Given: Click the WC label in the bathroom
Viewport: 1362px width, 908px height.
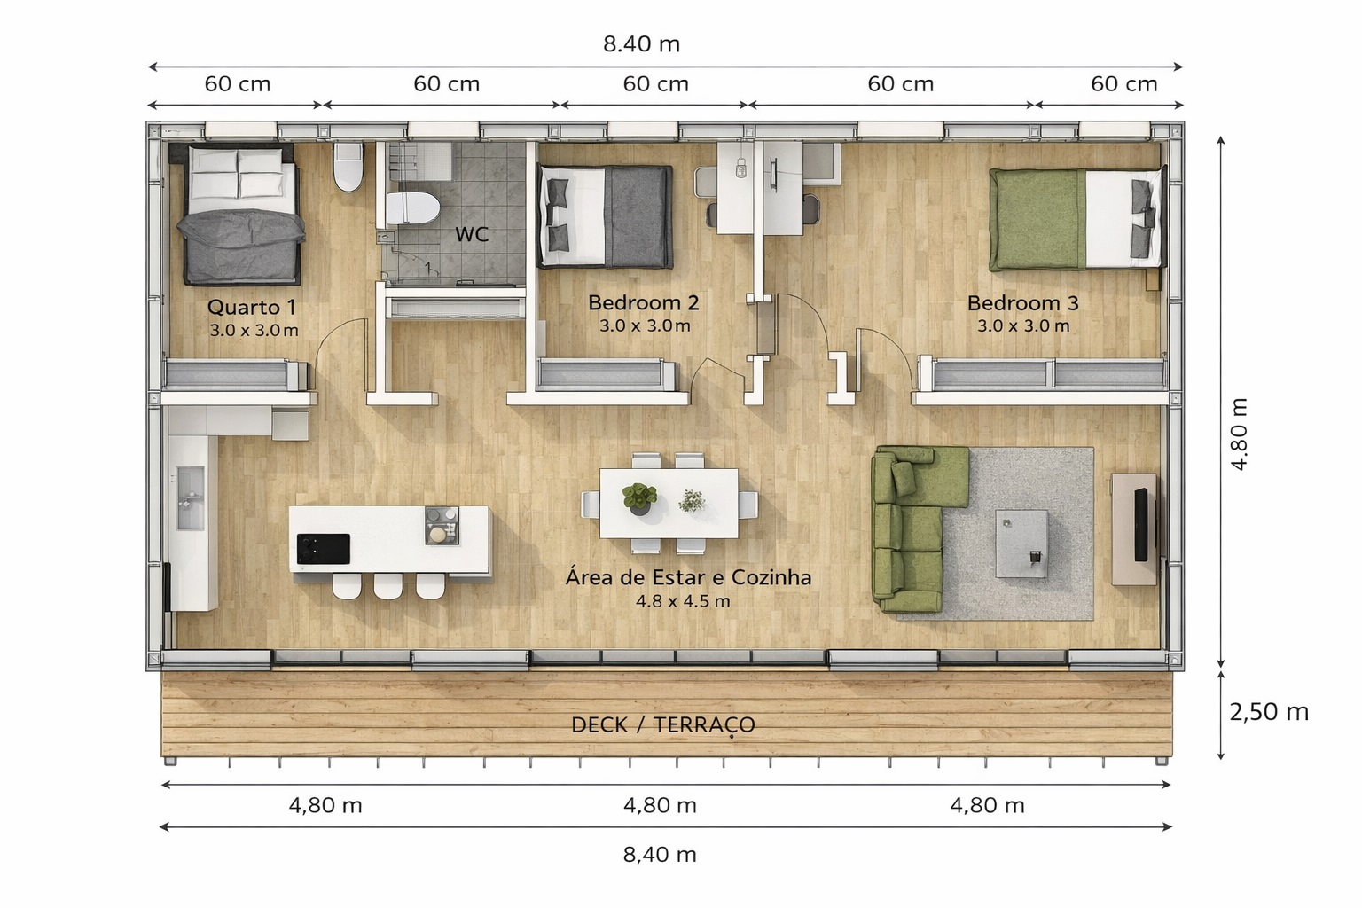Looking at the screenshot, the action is click(472, 234).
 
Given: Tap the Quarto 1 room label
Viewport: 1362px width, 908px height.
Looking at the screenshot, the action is click(252, 307).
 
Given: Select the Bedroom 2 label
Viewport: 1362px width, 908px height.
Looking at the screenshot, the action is click(643, 303).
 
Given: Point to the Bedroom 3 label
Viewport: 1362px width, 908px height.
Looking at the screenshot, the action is click(1022, 303).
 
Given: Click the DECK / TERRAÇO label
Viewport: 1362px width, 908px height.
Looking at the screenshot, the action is click(662, 725).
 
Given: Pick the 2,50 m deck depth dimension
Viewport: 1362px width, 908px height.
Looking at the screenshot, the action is click(1269, 712).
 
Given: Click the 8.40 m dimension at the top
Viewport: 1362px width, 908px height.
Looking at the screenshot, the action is click(641, 44).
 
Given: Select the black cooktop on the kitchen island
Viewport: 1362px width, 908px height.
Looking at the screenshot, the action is click(323, 549).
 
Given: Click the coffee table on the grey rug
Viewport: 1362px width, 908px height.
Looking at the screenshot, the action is click(1021, 543).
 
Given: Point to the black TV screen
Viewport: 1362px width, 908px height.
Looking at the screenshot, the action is click(1140, 524).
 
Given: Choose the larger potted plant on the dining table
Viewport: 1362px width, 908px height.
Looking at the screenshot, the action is click(639, 498).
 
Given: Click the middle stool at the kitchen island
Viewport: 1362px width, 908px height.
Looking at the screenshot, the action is click(387, 585).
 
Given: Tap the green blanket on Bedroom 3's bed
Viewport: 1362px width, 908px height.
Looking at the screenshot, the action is click(1038, 220).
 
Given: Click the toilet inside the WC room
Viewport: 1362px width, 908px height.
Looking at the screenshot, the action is click(412, 208).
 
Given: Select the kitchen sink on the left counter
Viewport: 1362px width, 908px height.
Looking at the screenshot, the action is click(191, 497).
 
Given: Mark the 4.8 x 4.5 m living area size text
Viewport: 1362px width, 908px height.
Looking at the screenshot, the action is click(683, 601).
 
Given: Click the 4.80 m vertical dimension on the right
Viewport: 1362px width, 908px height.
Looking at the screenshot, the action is click(1239, 434).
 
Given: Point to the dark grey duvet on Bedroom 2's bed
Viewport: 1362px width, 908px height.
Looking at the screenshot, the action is click(638, 217).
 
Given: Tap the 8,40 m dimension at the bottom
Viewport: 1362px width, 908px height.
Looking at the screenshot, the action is click(660, 855).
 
